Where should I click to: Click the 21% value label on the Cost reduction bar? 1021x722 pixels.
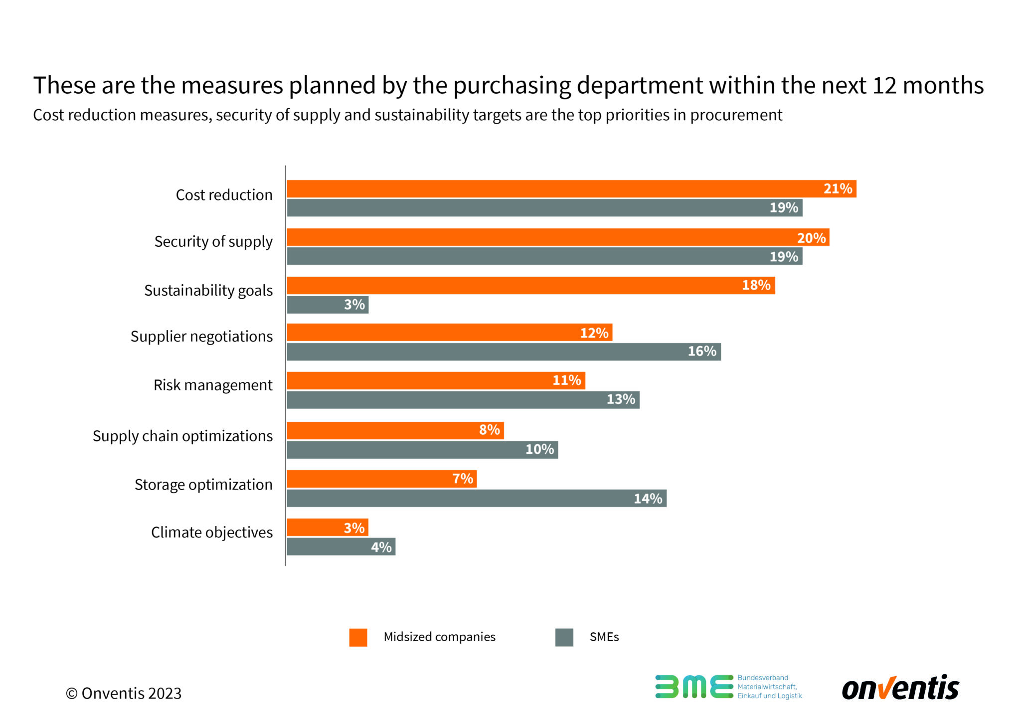838,189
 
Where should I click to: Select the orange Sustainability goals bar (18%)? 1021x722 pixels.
530,286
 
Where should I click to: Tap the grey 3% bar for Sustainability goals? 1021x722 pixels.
328,305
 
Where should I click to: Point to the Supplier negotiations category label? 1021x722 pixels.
201,337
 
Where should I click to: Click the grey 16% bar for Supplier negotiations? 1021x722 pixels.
504,352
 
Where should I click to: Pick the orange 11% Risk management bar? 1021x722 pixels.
436,380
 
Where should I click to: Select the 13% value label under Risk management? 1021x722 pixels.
621,399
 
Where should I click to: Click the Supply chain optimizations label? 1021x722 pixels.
182,436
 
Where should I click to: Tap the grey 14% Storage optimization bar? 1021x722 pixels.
477,499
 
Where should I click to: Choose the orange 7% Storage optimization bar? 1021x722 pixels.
381,479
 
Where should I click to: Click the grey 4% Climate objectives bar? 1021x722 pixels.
341,547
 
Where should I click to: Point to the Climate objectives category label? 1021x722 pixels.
211,533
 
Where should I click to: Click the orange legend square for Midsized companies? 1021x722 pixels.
358,637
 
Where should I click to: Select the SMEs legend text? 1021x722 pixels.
604,637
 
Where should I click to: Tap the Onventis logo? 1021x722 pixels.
900,689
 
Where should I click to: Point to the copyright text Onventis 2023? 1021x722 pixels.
124,694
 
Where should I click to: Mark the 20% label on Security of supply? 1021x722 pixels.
811,238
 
